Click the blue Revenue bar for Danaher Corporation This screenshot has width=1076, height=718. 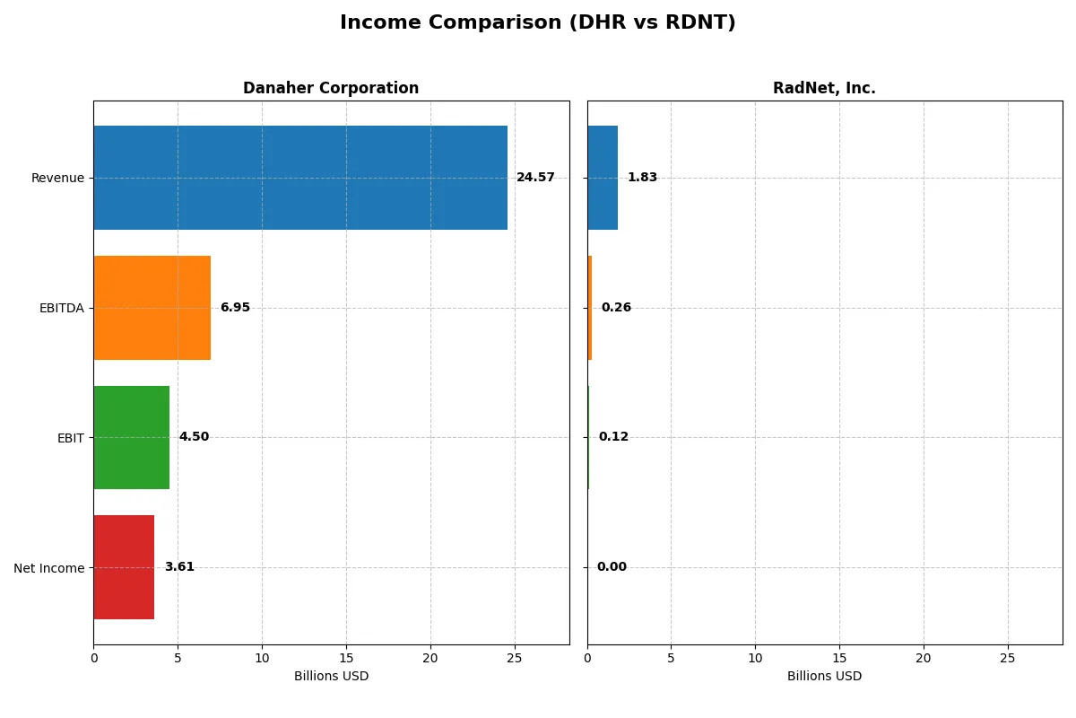pos(300,178)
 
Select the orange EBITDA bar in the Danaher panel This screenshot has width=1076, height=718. pos(152,308)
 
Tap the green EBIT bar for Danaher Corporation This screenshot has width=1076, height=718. pos(132,438)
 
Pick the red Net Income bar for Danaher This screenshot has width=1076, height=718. pos(124,567)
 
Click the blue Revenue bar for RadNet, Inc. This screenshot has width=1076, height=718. pos(603,178)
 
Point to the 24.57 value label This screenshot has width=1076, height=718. pos(535,178)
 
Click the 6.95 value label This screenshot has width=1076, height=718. pos(235,308)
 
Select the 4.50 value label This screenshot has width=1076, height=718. pos(194,437)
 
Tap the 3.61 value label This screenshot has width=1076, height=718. pos(179,567)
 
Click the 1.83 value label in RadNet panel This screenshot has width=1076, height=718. pos(642,178)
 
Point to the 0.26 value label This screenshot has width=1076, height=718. pos(616,308)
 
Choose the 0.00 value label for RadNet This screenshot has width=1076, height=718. pos(612,567)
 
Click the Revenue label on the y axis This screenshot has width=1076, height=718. pos(57,178)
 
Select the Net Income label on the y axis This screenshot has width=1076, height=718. pos(49,568)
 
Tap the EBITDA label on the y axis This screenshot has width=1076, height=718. pos(62,308)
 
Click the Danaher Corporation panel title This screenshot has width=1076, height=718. pos(331,88)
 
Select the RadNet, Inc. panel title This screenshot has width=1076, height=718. pos(824,88)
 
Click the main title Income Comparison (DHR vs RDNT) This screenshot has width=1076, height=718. pos(538,23)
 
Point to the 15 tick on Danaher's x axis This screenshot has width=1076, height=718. pos(346,658)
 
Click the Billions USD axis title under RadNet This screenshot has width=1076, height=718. pos(824,676)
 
